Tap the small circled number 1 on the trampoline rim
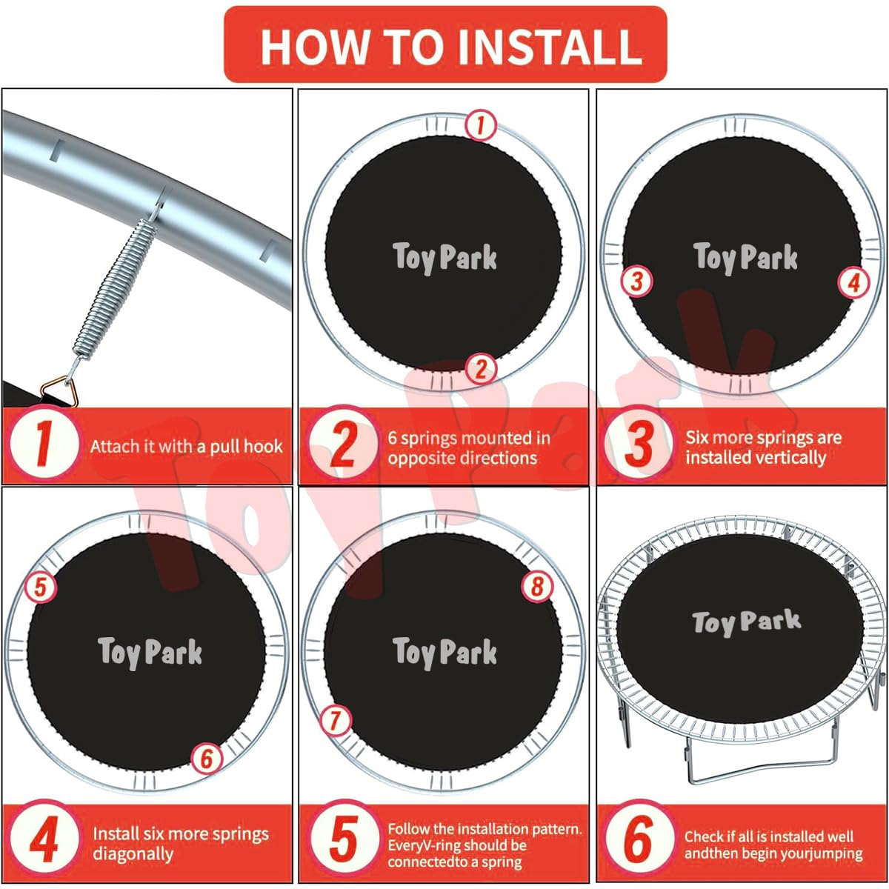click(481, 125)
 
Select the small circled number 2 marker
click(481, 369)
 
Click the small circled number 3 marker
click(636, 281)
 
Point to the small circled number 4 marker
click(854, 283)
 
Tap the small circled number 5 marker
click(41, 587)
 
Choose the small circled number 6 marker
click(207, 759)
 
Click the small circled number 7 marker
click(336, 721)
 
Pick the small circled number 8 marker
click(537, 587)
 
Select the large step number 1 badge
click(44, 444)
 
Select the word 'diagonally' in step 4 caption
click(133, 854)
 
